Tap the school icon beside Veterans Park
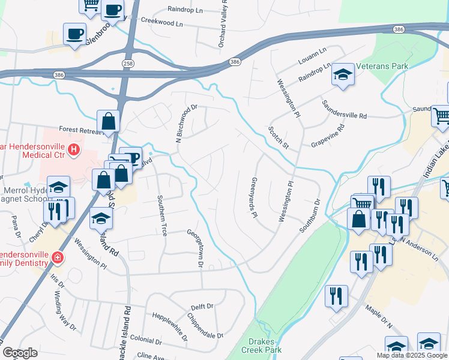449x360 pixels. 343,74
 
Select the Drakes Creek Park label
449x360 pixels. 261,346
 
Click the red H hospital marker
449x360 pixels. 74,149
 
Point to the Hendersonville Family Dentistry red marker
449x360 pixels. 57,258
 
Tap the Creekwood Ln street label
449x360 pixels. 161,20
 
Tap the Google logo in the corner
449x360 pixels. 20,353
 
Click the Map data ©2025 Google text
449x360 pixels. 412,355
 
